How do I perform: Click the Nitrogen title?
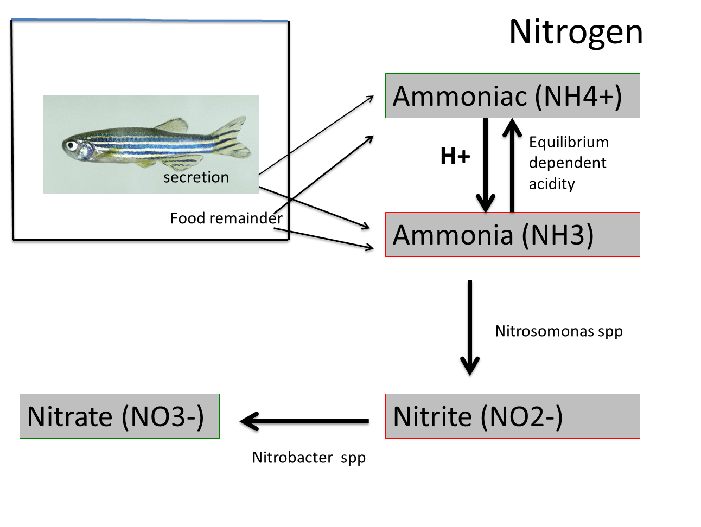click(x=576, y=31)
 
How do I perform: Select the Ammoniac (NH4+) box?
click(x=512, y=96)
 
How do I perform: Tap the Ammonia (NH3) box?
click(x=512, y=235)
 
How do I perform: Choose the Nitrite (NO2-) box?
click(x=512, y=416)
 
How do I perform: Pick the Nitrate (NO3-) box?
click(x=119, y=416)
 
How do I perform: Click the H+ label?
click(x=455, y=156)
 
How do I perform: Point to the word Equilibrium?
click(x=569, y=142)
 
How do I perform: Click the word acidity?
click(x=552, y=184)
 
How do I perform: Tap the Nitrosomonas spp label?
click(x=558, y=331)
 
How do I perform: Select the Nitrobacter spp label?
click(x=308, y=458)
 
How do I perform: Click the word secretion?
click(x=196, y=177)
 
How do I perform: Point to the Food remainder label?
click(x=226, y=218)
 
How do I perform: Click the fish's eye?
click(x=71, y=145)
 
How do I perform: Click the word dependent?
click(x=568, y=163)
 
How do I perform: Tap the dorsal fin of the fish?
click(x=173, y=126)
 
